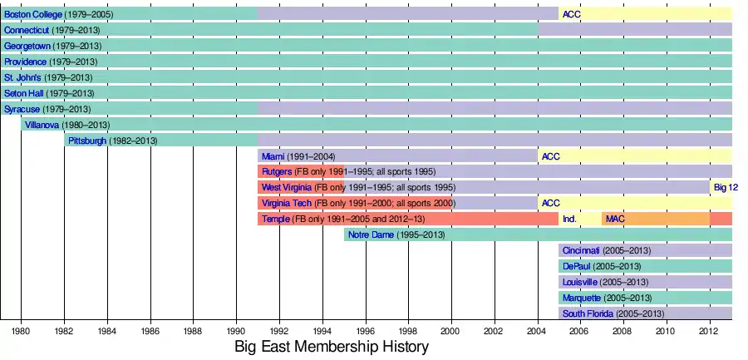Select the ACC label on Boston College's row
pyautogui.click(x=571, y=14)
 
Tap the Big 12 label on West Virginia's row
pyautogui.click(x=726, y=188)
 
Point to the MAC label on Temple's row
pyautogui.click(x=615, y=219)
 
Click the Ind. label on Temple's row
pyautogui.click(x=569, y=219)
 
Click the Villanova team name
pyautogui.click(x=42, y=125)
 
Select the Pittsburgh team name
pyautogui.click(x=87, y=141)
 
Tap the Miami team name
pyautogui.click(x=273, y=156)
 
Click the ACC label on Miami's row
pyautogui.click(x=550, y=156)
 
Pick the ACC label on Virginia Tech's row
pyautogui.click(x=550, y=204)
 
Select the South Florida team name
pyautogui.click(x=588, y=314)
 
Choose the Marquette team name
pyautogui.click(x=583, y=298)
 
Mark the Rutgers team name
pyautogui.click(x=277, y=172)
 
